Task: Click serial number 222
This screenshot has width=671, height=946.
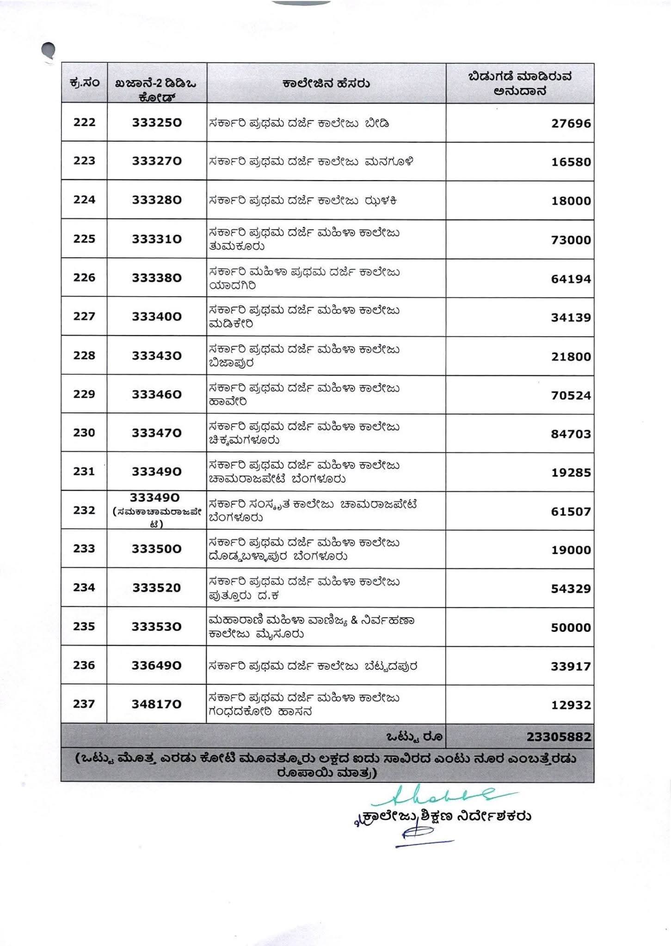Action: point(84,122)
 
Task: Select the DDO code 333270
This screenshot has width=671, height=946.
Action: point(157,161)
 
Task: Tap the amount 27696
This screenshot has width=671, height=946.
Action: point(571,124)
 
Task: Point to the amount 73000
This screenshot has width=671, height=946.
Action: point(571,240)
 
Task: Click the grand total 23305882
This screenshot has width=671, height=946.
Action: point(559,736)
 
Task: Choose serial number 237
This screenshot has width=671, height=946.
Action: point(84,704)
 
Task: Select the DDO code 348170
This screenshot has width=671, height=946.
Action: point(157,704)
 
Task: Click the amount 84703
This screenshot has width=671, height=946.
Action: point(571,434)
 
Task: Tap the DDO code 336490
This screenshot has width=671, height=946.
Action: point(157,666)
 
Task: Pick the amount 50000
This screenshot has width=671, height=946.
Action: point(571,628)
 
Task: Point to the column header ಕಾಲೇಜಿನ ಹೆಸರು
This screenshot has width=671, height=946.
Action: point(326,84)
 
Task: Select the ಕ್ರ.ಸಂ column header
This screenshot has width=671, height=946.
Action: point(84,84)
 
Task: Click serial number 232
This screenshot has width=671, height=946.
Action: point(84,510)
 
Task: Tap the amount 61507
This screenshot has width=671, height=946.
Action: point(571,512)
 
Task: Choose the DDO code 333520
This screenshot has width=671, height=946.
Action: point(157,588)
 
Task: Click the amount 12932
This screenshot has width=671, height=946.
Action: point(571,705)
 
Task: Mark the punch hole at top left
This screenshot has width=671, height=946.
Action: point(48,50)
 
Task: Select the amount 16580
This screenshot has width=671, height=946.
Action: point(571,162)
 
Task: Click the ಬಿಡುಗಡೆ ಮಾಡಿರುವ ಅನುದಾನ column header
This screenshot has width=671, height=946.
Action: point(520,84)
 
